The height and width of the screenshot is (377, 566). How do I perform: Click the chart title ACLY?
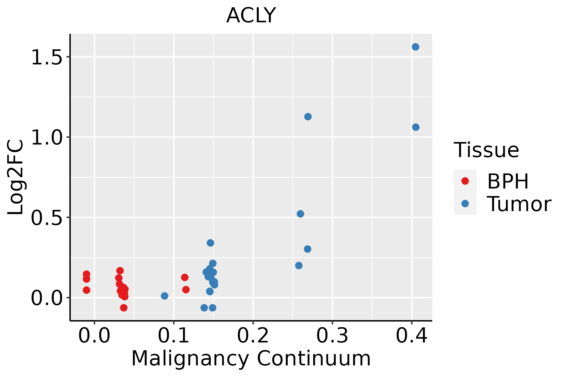(251, 15)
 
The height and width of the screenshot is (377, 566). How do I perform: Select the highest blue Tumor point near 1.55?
(415, 47)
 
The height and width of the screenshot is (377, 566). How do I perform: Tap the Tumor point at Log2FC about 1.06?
(416, 127)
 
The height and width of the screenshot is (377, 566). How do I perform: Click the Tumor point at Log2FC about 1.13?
(308, 117)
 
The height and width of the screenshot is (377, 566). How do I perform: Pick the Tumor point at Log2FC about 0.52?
(300, 214)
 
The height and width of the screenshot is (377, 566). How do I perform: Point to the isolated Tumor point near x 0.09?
(164, 296)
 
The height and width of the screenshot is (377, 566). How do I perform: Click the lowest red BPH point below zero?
(124, 308)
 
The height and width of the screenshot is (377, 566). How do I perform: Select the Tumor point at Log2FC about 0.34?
(210, 243)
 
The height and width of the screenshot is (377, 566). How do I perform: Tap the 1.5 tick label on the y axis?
(46, 57)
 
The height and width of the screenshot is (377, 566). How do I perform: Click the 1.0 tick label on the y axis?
(46, 138)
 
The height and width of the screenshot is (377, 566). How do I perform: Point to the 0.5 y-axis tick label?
(46, 218)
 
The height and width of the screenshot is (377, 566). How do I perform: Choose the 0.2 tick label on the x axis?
(253, 336)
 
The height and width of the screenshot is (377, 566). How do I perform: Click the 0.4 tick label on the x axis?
(411, 336)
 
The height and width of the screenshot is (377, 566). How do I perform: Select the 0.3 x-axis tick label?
(332, 336)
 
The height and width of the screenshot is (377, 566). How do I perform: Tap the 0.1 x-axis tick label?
(174, 336)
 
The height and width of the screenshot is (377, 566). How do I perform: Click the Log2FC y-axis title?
(16, 178)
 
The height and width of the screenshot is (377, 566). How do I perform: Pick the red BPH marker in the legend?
(465, 181)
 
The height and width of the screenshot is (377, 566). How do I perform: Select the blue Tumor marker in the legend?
(465, 204)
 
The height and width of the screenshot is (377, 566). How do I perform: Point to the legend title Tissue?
(486, 150)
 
